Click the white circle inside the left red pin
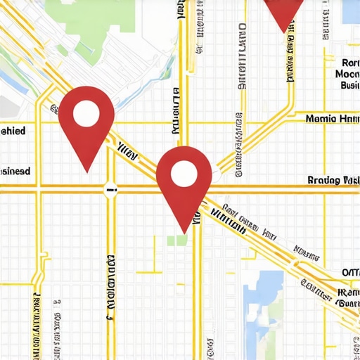pyautogui.click(x=86, y=113)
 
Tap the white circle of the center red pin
pyautogui.click(x=184, y=172)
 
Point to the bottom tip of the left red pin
pyautogui.click(x=86, y=172)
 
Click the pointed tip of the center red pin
pyautogui.click(x=184, y=232)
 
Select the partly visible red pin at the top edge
pyautogui.click(x=284, y=14)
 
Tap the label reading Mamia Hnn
pyautogui.click(x=333, y=119)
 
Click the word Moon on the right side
pyautogui.click(x=347, y=73)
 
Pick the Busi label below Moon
pyautogui.click(x=349, y=85)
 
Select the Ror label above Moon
pyautogui.click(x=349, y=61)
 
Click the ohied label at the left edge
pyautogui.click(x=13, y=131)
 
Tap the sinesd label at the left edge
pyautogui.click(x=15, y=171)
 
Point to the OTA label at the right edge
pyautogui.click(x=350, y=273)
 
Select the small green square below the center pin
pyautogui.click(x=178, y=240)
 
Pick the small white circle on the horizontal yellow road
pyautogui.click(x=110, y=188)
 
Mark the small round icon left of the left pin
pyautogui.click(x=53, y=109)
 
